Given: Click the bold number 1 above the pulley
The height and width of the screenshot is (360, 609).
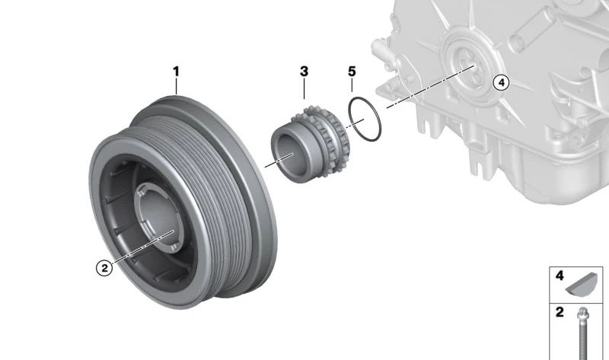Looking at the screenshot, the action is (x=176, y=72).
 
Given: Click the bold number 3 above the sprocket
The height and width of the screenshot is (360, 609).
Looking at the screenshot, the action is (x=304, y=72).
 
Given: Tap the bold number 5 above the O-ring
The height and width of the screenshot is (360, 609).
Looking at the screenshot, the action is (x=352, y=72).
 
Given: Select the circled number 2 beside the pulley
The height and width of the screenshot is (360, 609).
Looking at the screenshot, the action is (x=104, y=268).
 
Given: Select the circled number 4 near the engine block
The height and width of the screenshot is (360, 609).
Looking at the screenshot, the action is (x=501, y=83).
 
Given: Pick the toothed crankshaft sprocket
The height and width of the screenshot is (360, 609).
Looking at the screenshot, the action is (x=310, y=144).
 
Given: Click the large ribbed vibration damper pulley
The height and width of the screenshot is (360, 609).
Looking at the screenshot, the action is (x=183, y=202).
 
